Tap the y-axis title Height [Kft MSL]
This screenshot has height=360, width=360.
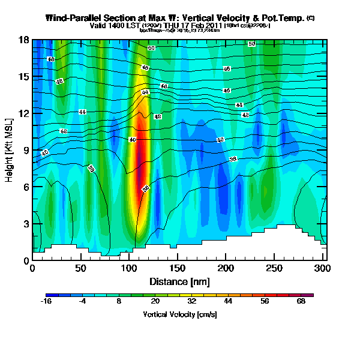[x=10, y=150]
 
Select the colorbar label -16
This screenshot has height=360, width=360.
[x=46, y=302]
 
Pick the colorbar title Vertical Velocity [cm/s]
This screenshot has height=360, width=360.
[x=180, y=314]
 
